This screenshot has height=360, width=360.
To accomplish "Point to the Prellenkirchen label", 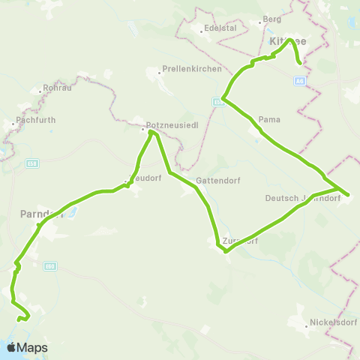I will click(x=192, y=70).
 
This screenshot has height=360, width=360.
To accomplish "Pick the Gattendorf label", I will click(x=217, y=181).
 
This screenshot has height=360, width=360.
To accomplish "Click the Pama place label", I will click(x=268, y=120).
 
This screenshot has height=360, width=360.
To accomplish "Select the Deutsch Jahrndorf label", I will click(x=303, y=199).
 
